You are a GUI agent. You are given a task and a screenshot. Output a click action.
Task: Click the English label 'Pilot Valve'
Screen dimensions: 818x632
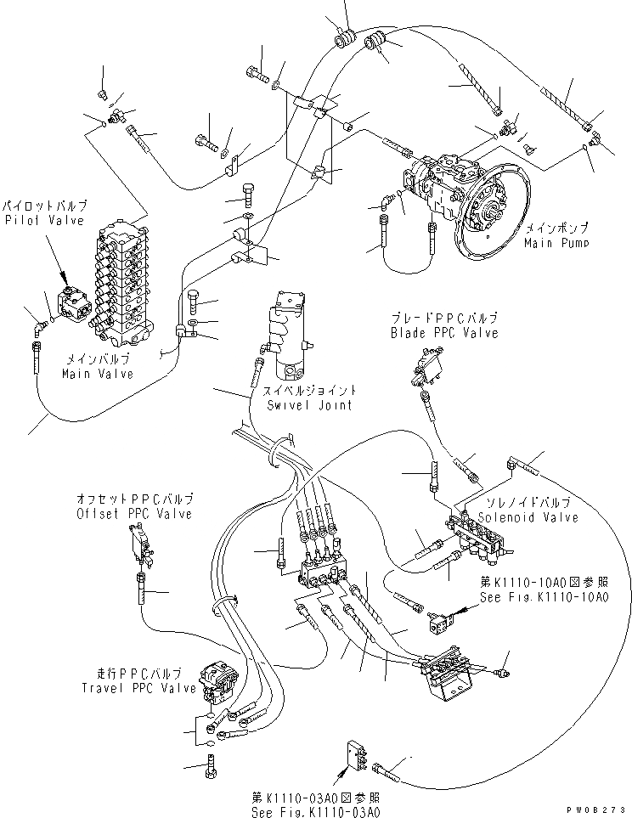point(43,221)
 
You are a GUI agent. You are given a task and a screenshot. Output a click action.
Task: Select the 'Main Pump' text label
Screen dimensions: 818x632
point(556,242)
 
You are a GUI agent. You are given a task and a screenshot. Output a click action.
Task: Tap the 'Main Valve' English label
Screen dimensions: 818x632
point(97,374)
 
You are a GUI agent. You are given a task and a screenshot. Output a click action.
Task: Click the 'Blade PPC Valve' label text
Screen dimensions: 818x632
point(443,333)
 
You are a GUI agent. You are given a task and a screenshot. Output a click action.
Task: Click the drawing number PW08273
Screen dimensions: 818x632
point(600,811)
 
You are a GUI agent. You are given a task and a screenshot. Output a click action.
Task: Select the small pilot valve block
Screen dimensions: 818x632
point(73,305)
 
